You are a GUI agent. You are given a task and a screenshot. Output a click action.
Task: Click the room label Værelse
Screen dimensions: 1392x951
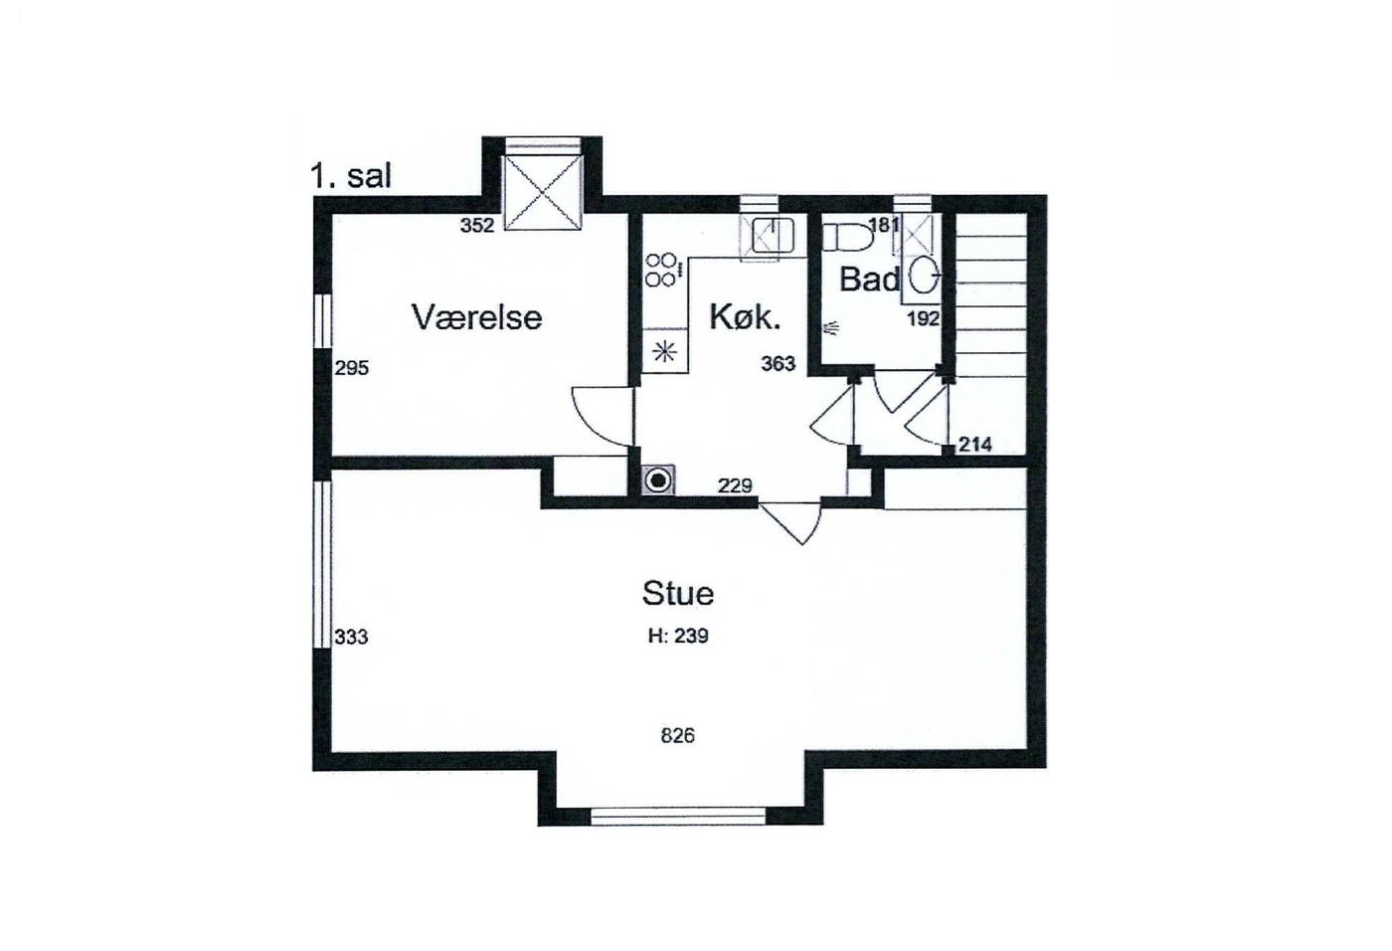(x=477, y=317)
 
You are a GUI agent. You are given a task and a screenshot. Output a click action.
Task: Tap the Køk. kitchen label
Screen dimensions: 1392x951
(x=745, y=318)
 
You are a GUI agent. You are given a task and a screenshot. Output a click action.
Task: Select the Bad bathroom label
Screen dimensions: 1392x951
(x=870, y=280)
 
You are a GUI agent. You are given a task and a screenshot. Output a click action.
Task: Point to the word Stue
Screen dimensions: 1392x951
(x=678, y=593)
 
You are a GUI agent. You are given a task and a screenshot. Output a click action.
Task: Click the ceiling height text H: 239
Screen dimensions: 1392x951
(x=678, y=636)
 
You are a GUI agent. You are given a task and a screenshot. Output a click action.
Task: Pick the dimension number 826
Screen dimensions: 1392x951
(x=677, y=736)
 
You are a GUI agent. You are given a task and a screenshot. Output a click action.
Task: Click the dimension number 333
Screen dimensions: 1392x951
(x=352, y=637)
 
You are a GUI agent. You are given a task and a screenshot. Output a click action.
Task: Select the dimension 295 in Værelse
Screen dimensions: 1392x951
(x=352, y=369)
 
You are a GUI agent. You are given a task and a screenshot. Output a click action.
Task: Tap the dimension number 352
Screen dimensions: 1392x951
(x=477, y=226)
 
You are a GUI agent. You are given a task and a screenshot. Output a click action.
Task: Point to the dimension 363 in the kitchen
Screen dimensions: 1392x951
(x=778, y=364)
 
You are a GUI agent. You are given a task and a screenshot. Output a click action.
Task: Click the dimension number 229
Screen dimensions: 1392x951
(x=735, y=485)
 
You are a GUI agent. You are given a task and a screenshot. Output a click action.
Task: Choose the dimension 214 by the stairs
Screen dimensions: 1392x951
(x=975, y=445)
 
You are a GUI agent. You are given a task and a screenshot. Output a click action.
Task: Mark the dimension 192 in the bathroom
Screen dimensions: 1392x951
(x=924, y=319)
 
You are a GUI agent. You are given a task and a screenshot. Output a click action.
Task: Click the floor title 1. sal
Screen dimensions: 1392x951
(x=351, y=176)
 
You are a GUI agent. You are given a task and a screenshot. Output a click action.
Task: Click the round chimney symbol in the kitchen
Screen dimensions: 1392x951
(x=658, y=480)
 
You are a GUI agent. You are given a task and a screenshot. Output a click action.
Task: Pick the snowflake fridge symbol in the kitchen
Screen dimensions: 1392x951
(x=664, y=352)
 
